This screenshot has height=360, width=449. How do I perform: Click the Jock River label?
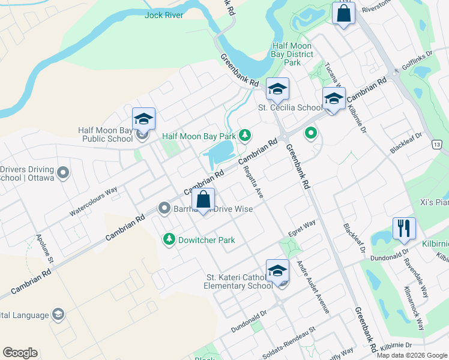[x=164, y=15]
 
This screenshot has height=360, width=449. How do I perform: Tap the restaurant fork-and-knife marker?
[x=403, y=228]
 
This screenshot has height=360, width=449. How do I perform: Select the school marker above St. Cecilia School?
[x=277, y=89]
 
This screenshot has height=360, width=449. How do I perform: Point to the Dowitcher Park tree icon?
[x=169, y=240]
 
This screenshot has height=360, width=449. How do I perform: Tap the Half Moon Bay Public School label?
[x=106, y=134]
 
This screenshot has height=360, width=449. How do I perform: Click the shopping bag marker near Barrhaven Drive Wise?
[x=203, y=200]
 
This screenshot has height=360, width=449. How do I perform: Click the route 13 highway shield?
[x=436, y=145]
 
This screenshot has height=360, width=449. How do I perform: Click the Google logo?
[x=20, y=353]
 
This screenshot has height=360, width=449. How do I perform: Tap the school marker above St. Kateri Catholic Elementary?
[x=277, y=271]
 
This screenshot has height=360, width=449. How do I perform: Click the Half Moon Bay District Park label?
[x=292, y=54]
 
